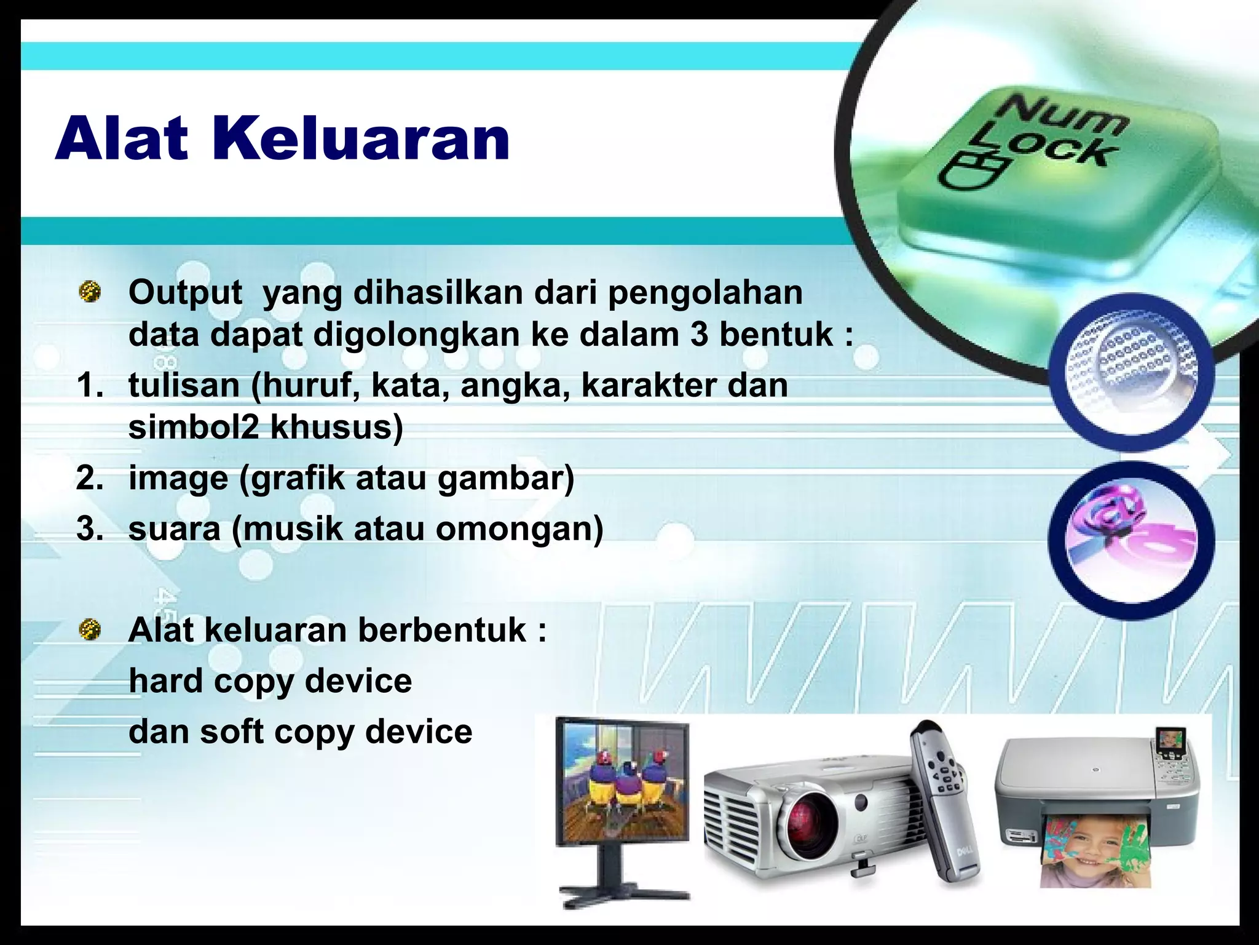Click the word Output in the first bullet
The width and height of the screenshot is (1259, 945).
point(185,293)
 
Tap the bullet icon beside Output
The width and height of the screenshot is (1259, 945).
point(90,290)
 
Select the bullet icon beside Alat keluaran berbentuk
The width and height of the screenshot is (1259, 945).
point(90,628)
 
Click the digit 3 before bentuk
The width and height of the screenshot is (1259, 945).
point(699,335)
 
